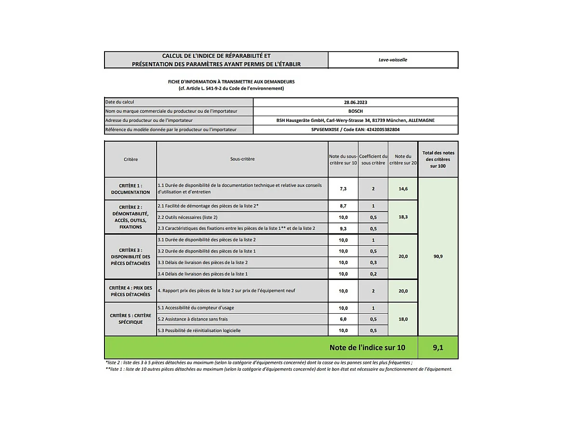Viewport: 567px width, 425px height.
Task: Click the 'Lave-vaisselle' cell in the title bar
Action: (393, 60)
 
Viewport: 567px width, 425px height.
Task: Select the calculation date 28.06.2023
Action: (355, 102)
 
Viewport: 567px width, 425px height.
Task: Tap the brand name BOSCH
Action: (355, 111)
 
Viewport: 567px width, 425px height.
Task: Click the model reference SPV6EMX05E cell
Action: (355, 130)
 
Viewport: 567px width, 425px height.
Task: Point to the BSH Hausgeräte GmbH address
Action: (355, 120)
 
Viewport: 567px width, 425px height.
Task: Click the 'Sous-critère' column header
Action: (242, 159)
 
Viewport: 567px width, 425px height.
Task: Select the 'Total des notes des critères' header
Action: (438, 159)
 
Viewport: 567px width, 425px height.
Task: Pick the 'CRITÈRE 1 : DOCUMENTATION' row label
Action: (131, 188)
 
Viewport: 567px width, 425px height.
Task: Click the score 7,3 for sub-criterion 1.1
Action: (343, 189)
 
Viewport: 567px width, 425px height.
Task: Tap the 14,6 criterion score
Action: (403, 189)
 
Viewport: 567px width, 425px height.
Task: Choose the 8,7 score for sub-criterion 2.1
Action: (343, 206)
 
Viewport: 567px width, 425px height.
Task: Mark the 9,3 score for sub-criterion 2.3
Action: (343, 228)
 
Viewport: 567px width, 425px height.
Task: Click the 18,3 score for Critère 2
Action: (403, 217)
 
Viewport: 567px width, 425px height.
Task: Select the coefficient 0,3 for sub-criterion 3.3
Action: (373, 263)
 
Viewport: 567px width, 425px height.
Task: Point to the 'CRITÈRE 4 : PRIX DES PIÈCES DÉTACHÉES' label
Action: (131, 291)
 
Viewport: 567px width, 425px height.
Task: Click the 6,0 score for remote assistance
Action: (343, 319)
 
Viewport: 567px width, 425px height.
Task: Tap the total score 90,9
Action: (438, 256)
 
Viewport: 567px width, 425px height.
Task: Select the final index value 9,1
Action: (438, 347)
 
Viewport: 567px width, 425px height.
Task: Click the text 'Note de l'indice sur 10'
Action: (367, 347)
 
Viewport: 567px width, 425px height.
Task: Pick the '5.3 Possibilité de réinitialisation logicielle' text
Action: (199, 331)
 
